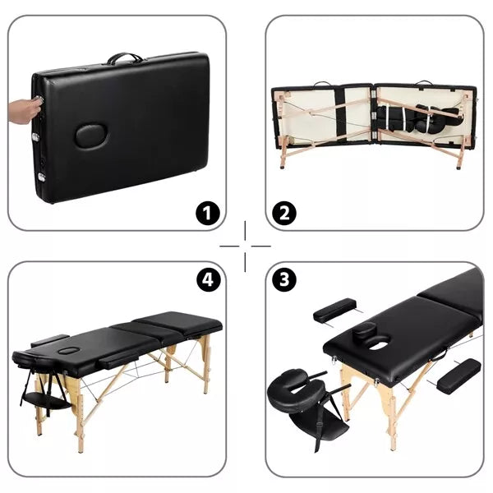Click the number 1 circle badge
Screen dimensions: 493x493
209,214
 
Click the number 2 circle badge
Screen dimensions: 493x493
284,214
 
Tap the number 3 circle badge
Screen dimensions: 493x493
284,279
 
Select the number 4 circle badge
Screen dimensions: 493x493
209,279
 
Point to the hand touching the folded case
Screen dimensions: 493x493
23,109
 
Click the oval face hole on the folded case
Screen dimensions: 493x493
90,135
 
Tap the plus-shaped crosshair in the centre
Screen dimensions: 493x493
246,245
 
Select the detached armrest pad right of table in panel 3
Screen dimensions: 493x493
458,376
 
